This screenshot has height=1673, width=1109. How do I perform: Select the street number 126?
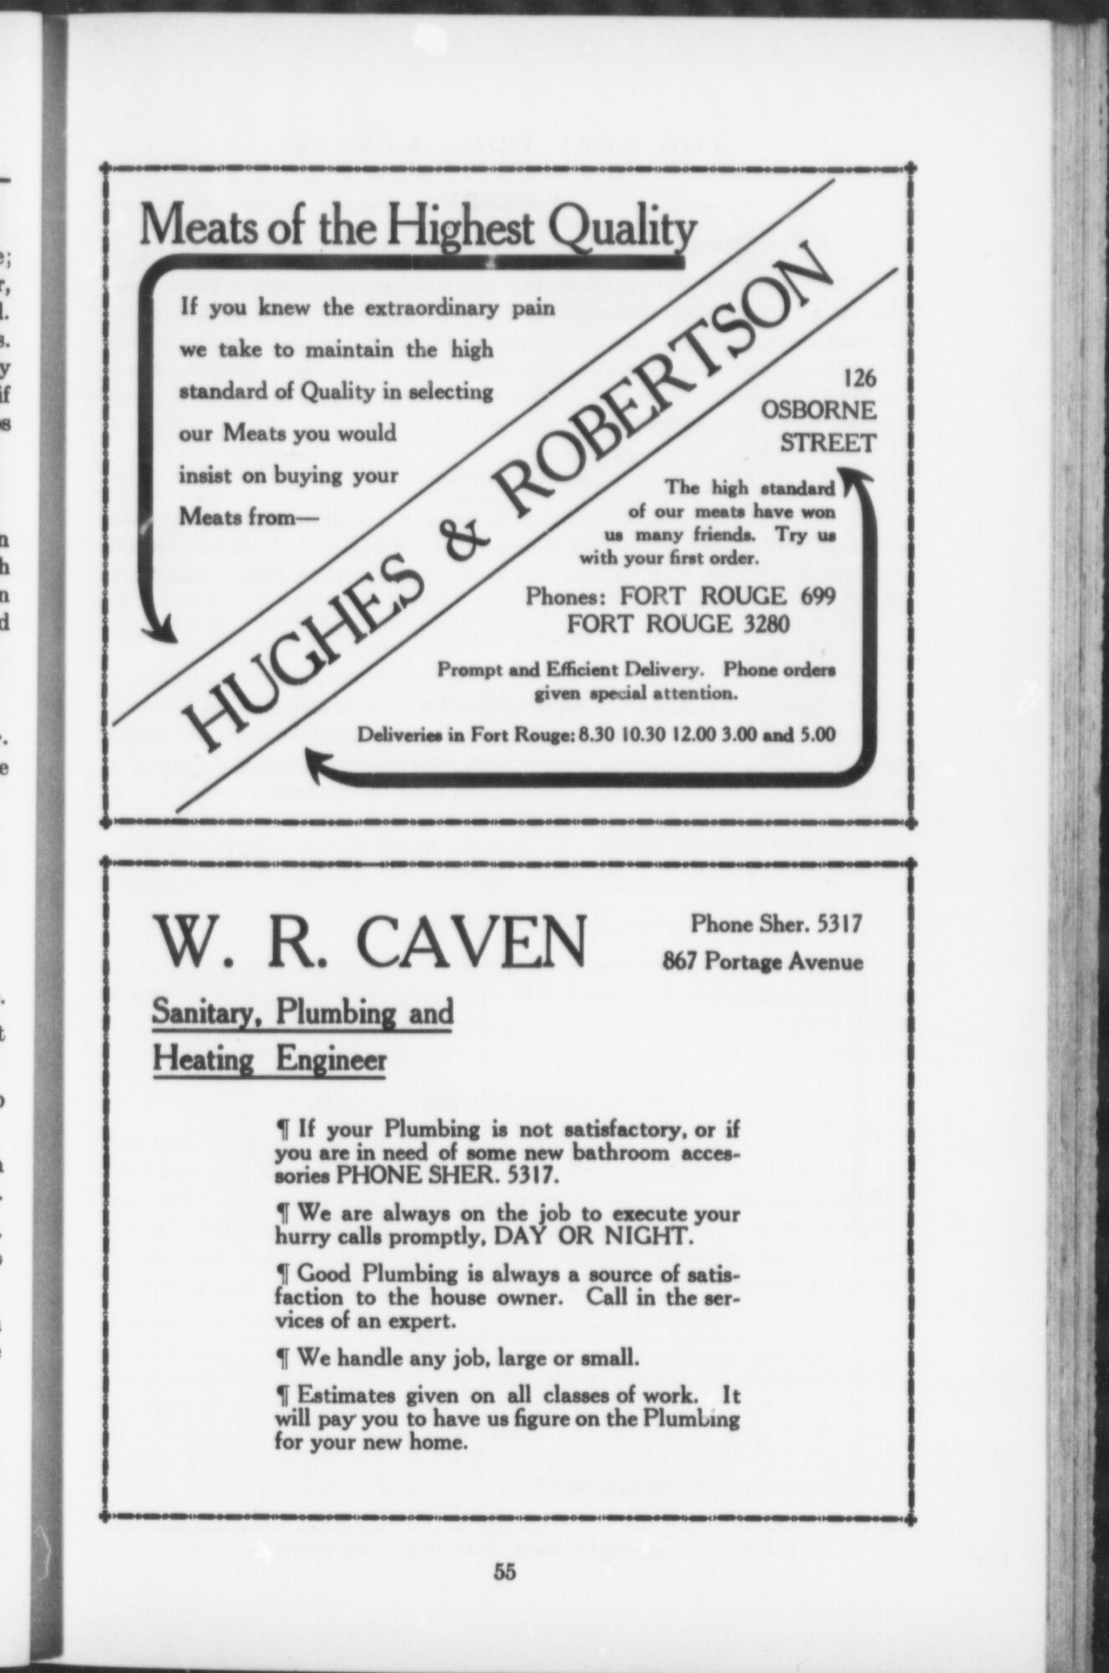click(859, 378)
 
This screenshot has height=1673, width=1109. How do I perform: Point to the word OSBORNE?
click(818, 411)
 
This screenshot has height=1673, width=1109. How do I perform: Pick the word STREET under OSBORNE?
click(827, 443)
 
